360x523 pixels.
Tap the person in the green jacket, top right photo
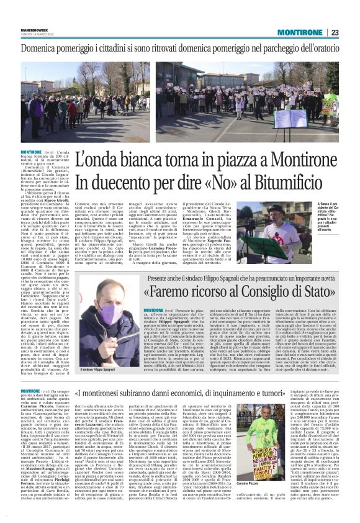(329, 99)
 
